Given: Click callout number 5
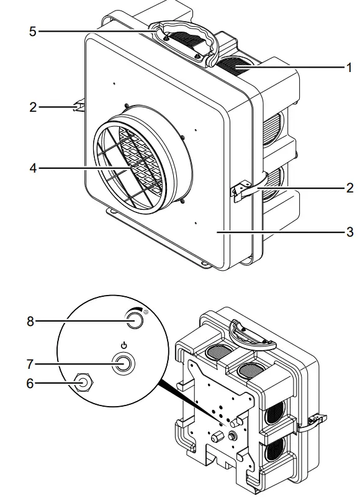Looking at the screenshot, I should (x=32, y=30).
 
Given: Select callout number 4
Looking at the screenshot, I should (x=32, y=168).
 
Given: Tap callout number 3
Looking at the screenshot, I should (x=349, y=232).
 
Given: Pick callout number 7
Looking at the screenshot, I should (x=32, y=362).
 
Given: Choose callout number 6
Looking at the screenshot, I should (x=32, y=383).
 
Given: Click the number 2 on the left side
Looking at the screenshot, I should (x=32, y=107).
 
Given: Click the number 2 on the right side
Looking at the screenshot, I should (x=349, y=187).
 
